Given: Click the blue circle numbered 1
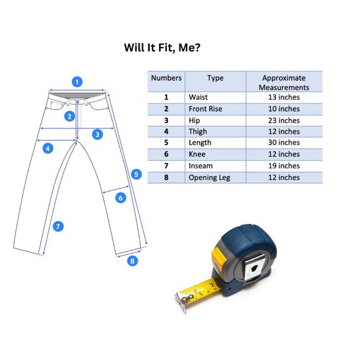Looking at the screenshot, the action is click(x=77, y=82).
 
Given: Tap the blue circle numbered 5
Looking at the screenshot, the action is click(x=137, y=174).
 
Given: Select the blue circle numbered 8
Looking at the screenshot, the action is click(x=132, y=261).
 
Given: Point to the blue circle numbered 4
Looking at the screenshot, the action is click(x=48, y=148).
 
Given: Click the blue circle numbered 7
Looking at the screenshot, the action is click(x=58, y=227).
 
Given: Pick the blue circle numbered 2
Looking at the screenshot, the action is click(x=70, y=117).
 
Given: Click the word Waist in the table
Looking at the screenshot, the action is click(x=198, y=97).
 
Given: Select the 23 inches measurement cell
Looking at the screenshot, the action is click(x=284, y=120).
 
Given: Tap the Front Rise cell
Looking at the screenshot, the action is click(x=205, y=109).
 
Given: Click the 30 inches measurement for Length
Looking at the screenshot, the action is click(x=284, y=143).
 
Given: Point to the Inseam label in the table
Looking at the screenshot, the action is click(x=200, y=166).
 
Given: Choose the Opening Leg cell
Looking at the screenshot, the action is click(x=209, y=178).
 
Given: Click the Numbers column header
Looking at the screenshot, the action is click(x=166, y=78).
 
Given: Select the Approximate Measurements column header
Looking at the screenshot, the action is click(x=284, y=83).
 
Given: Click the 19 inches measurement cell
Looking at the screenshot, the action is click(x=284, y=166).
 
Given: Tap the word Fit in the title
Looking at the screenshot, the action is click(x=165, y=48).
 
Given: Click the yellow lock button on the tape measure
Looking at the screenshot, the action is click(x=218, y=258).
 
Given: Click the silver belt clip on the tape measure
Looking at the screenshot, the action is click(x=253, y=268).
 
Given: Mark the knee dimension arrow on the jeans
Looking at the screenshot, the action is click(x=115, y=189).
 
